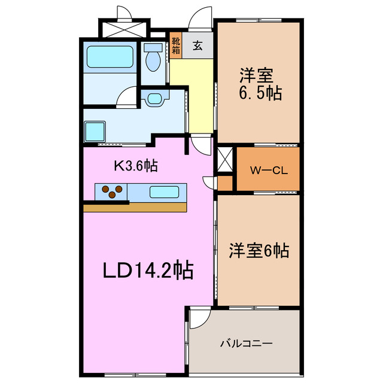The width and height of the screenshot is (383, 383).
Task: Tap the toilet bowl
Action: pos(153,58)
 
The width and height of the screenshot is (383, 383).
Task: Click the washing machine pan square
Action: pos(95,131)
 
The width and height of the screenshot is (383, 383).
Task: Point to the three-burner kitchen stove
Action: pos(112,191)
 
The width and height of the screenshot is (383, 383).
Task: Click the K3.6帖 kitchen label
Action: pos(136,166)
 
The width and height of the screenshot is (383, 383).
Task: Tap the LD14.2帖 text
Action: pos(147,270)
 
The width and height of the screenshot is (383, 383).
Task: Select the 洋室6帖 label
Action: pos(259,251)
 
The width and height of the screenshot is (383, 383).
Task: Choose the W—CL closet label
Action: pos(269,170)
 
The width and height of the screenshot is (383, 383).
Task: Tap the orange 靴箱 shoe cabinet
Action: pos(175,45)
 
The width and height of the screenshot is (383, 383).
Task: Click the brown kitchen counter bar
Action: pos(135,207)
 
